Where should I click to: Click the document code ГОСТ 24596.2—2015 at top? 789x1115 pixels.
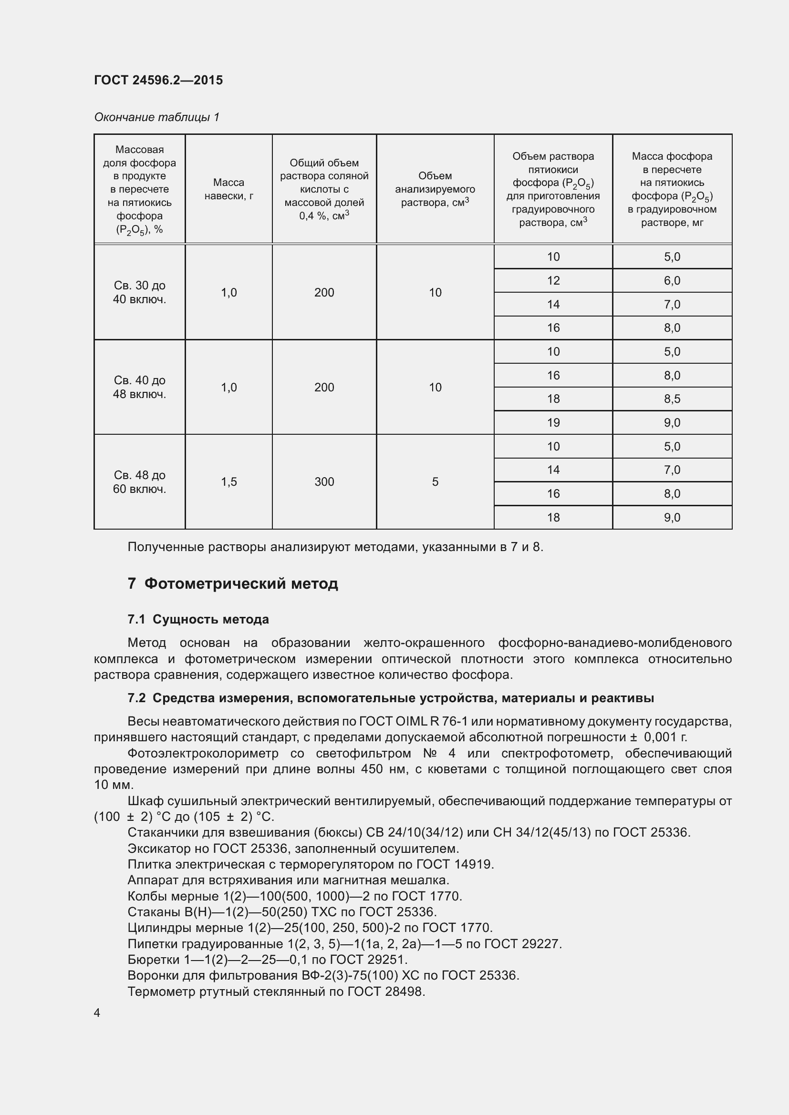[x=158, y=80]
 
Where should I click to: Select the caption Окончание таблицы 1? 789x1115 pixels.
[x=156, y=117]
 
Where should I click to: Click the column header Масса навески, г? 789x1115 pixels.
[x=228, y=189]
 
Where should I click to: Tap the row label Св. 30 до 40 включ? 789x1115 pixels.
[x=139, y=292]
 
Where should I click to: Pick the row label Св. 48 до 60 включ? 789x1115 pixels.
[x=139, y=482]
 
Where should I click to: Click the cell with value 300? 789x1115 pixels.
[x=324, y=482]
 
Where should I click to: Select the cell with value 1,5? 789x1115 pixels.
[x=228, y=482]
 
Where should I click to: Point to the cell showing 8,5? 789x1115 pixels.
[x=672, y=399]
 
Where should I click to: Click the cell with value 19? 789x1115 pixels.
[x=553, y=422]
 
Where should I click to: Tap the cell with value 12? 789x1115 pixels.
[x=553, y=281]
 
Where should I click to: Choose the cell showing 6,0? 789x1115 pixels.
[x=672, y=281]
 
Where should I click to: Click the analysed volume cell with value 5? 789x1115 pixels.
[x=435, y=482]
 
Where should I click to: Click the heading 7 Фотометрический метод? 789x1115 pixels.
[x=233, y=583]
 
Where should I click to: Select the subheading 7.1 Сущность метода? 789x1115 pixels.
[x=198, y=619]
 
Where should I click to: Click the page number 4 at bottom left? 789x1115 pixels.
[x=97, y=1013]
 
